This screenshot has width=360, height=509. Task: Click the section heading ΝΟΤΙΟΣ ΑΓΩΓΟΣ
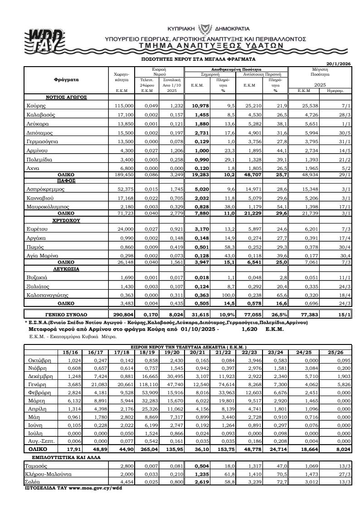pyautogui.click(x=66, y=97)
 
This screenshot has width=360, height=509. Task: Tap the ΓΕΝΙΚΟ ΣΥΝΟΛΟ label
pyautogui.click(x=66, y=314)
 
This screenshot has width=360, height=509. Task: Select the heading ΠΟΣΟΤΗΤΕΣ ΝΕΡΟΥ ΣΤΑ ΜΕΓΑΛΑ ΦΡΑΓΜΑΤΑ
pyautogui.click(x=199, y=59)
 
